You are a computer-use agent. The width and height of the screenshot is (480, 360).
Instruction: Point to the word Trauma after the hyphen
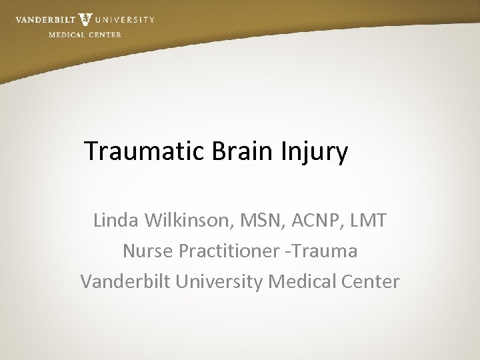pyautogui.click(x=323, y=251)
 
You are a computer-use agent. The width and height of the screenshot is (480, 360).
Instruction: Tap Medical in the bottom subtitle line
pyautogui.click(x=303, y=282)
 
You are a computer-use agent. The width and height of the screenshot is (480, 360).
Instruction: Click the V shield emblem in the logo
pyautogui.click(x=85, y=19)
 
